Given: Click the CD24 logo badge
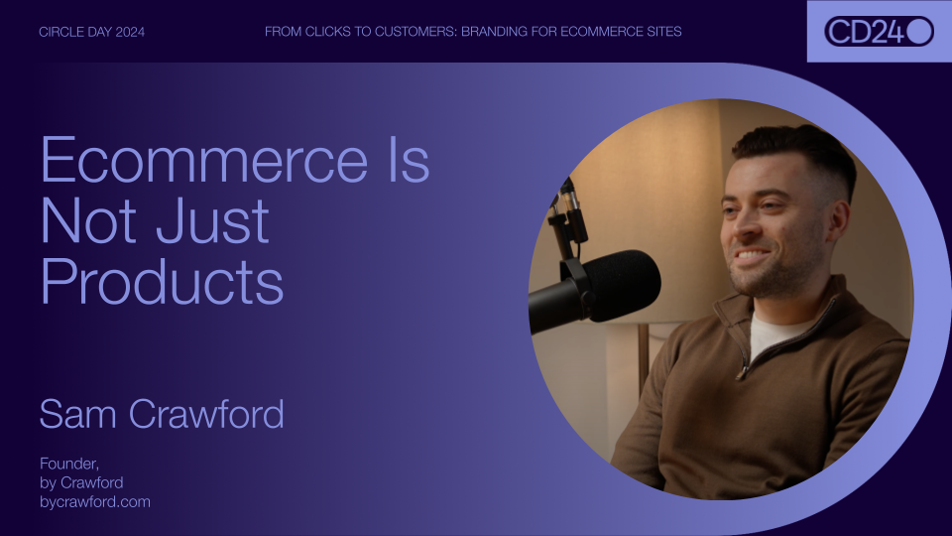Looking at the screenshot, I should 879,31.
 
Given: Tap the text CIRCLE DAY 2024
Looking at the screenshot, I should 91,32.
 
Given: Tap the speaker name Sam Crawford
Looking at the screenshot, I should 162,414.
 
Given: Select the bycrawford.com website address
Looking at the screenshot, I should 95,502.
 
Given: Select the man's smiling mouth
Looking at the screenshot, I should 752,258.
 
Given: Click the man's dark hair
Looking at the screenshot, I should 793,149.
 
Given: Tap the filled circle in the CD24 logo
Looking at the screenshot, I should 919,31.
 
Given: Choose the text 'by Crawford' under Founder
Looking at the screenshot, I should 81,483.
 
